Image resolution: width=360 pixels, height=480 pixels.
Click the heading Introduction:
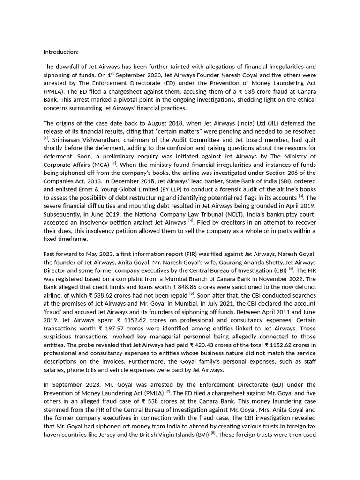click(61, 52)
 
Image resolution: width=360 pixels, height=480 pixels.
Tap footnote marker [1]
click(46, 138)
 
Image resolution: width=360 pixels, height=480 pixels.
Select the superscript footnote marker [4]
click(191, 220)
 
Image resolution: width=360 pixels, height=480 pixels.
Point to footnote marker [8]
click(213, 433)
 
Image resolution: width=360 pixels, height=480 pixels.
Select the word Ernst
click(97, 189)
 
